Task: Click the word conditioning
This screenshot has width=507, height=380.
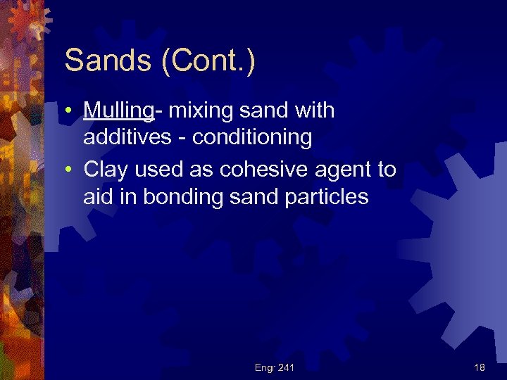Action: tap(252, 137)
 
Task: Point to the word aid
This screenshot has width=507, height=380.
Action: tap(99, 196)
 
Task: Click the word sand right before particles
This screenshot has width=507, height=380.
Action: tap(254, 196)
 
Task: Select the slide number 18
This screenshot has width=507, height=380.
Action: tap(479, 367)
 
